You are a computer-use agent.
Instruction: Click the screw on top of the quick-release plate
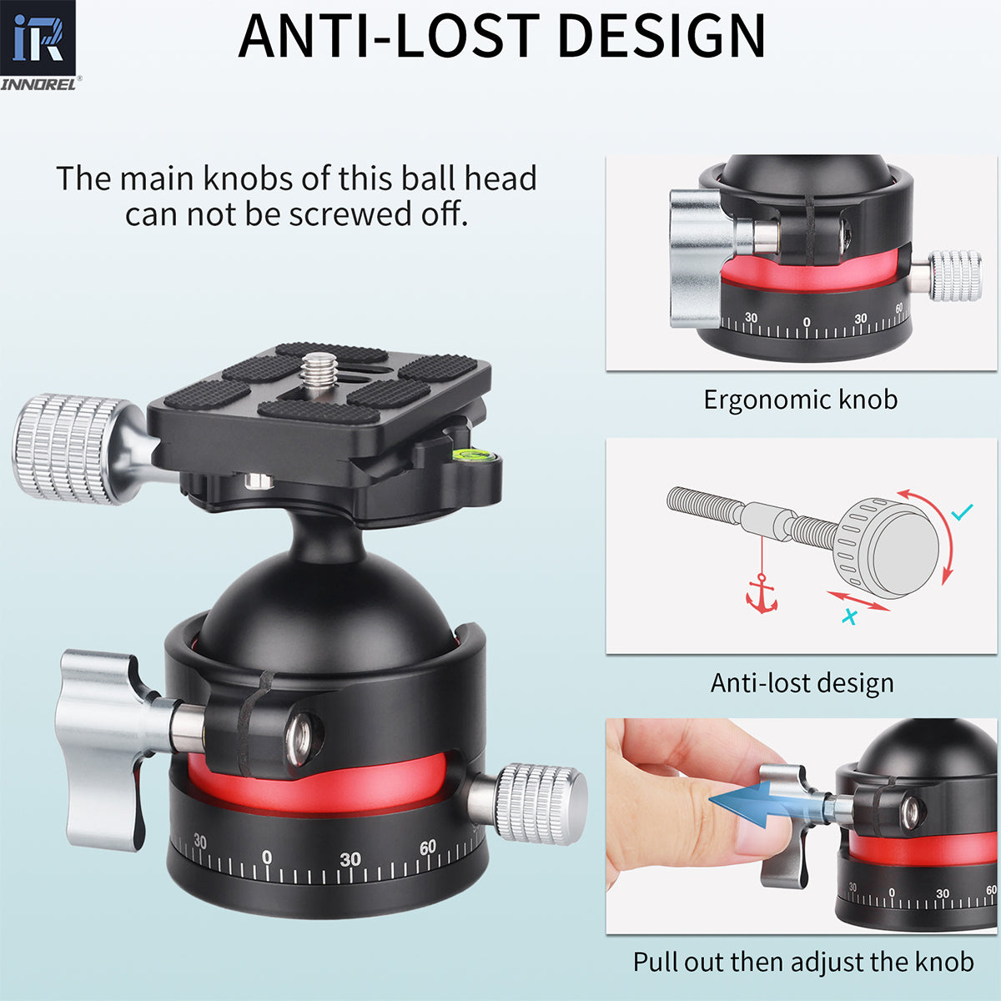(x=317, y=371)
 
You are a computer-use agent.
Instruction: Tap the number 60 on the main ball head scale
(x=428, y=848)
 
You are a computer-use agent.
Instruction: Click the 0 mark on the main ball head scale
(x=267, y=858)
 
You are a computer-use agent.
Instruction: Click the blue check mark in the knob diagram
(x=963, y=512)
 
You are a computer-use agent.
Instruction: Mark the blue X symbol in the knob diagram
(x=850, y=618)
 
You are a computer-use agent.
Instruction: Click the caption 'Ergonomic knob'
(x=800, y=400)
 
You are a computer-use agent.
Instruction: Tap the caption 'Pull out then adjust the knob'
(x=802, y=962)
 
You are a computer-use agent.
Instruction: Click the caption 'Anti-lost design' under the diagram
(x=802, y=683)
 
